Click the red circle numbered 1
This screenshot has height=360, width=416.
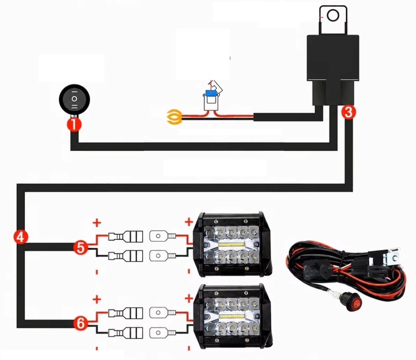pos(75,124)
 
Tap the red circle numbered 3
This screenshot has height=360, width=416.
pos(348,112)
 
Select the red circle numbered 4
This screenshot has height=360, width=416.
pos(20,237)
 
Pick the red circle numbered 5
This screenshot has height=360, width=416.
pos(81,247)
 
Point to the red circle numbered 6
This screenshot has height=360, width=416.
pos(81,323)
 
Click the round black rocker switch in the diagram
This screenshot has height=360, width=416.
pos(75,99)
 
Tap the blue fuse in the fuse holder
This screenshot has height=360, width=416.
pos(211,93)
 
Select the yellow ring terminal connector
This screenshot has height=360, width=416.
pos(174,117)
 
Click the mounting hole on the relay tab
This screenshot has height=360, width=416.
pos(333,16)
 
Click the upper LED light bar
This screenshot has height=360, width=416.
pos(232,244)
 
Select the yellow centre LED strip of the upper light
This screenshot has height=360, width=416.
pos(231,244)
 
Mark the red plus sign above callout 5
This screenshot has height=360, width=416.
pos(97,222)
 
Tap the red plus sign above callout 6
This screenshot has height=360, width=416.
pos(97,299)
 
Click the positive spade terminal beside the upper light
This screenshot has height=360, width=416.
pos(162,236)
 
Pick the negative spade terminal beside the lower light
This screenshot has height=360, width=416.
pos(162,332)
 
